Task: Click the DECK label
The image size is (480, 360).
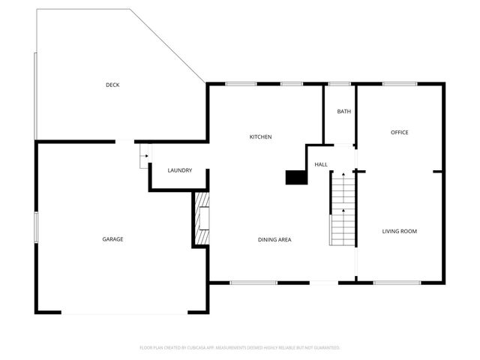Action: pyautogui.click(x=112, y=85)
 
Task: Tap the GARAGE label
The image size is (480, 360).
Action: pyautogui.click(x=112, y=239)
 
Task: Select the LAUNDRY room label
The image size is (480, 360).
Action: pyautogui.click(x=179, y=170)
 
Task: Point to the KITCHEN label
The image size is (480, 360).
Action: pyautogui.click(x=260, y=136)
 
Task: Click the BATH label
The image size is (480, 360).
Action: pyautogui.click(x=343, y=112)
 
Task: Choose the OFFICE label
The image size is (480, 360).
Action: pyautogui.click(x=399, y=133)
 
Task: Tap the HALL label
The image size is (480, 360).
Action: pyautogui.click(x=321, y=164)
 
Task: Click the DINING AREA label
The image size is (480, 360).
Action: pyautogui.click(x=274, y=240)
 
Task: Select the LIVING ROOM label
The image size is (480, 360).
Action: pyautogui.click(x=399, y=231)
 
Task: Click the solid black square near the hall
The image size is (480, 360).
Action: pyautogui.click(x=296, y=177)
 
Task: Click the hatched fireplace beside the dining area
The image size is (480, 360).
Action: pyautogui.click(x=201, y=218)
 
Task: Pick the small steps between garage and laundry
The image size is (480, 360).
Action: pyautogui.click(x=145, y=157)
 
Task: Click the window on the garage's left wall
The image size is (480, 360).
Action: pyautogui.click(x=35, y=227)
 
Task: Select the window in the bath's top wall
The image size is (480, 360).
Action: pyautogui.click(x=340, y=84)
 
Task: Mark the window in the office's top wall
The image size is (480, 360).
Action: pyautogui.click(x=400, y=84)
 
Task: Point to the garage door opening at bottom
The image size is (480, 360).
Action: pyautogui.click(x=124, y=313)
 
